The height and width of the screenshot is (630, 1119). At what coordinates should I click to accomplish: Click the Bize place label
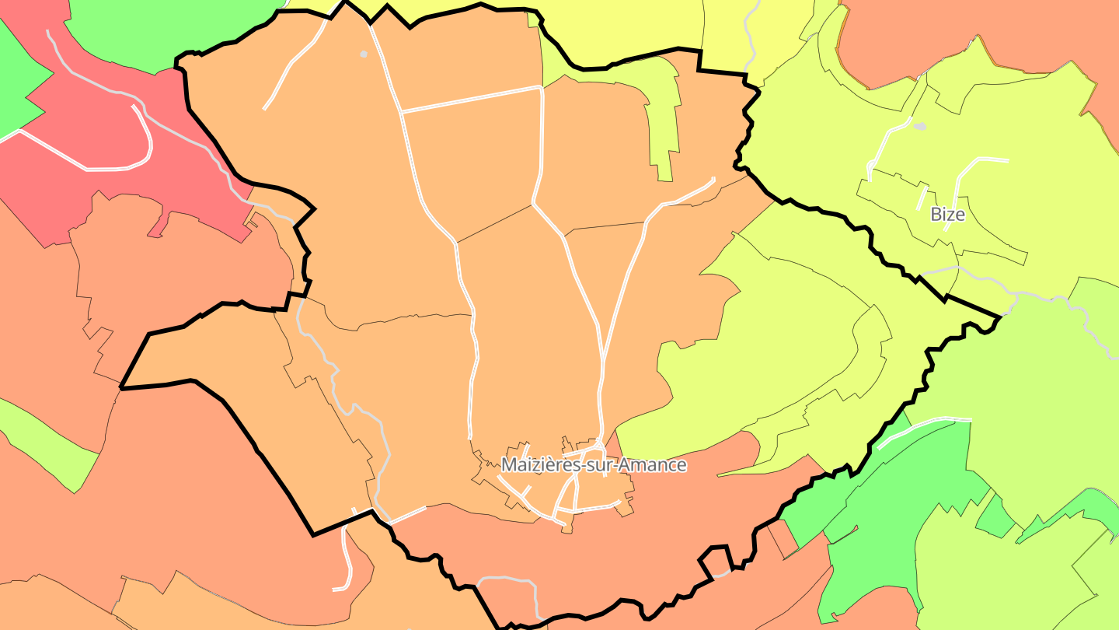pyautogui.click(x=947, y=215)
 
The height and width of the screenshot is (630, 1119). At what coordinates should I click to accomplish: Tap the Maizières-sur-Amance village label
pyautogui.click(x=594, y=465)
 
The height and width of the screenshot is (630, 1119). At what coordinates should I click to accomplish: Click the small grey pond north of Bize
pyautogui.click(x=919, y=126)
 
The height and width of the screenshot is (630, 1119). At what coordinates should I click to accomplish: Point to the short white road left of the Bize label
pyautogui.click(x=922, y=198)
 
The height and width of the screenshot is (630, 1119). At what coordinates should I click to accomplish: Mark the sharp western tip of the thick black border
pyautogui.click(x=122, y=387)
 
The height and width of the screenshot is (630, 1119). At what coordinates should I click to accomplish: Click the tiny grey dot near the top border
pyautogui.click(x=363, y=54)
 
